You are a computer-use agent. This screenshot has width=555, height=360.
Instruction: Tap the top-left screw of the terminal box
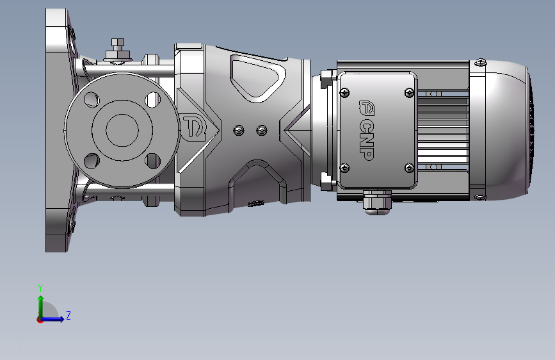coord(344,93)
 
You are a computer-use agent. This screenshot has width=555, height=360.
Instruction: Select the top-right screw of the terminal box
coord(409,93)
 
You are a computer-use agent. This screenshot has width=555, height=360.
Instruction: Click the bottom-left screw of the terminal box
coord(344,168)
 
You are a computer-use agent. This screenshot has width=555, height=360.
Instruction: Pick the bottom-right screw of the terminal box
coord(409,168)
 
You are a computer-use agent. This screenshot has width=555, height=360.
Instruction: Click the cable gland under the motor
coord(377,202)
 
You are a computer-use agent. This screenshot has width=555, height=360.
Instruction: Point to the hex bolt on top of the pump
coord(118,50)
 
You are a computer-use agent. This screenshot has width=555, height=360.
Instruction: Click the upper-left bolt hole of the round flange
coord(92,99)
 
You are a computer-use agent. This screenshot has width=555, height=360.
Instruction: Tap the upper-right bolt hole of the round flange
coord(153,99)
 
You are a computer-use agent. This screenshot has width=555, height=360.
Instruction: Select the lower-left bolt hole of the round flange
coord(92,161)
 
